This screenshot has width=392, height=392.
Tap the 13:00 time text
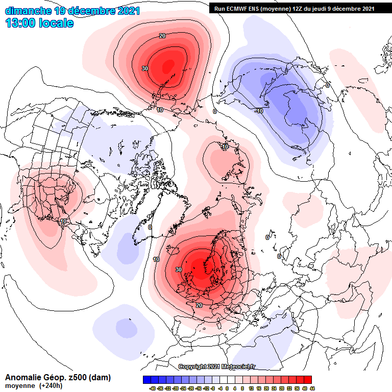pos(22,23)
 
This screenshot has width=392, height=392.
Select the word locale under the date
pos(57,23)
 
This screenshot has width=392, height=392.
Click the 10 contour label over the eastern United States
pos(63,221)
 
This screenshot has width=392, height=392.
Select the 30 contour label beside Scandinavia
pos(179,269)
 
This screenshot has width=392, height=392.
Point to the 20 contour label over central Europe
pos(199,305)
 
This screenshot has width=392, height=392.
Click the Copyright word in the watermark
pos(192,366)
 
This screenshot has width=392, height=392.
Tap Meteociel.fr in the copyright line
pos(241,366)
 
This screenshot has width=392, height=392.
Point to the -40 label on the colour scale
pos(152,388)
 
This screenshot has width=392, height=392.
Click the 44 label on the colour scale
pos(312,388)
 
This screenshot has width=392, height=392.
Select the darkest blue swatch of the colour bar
pos(147,380)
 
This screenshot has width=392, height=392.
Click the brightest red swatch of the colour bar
pos(307,380)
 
